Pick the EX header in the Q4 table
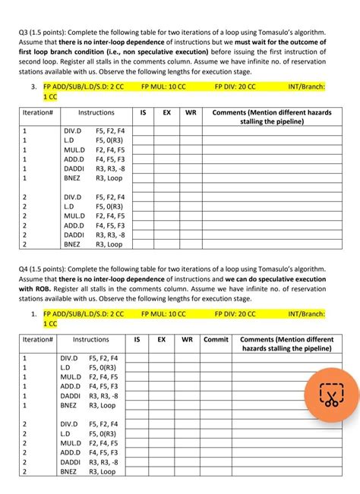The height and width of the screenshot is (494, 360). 161,339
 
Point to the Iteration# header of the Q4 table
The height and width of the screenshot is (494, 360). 37,339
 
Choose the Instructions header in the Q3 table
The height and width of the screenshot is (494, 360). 96,112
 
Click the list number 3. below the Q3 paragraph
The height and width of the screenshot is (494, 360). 35,87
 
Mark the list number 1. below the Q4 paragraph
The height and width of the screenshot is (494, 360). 35,313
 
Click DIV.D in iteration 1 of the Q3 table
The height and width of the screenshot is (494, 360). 73,131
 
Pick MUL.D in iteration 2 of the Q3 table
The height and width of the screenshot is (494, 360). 74,216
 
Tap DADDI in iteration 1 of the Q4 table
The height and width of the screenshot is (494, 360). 71,395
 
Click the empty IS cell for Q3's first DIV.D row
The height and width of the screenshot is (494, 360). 143,131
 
